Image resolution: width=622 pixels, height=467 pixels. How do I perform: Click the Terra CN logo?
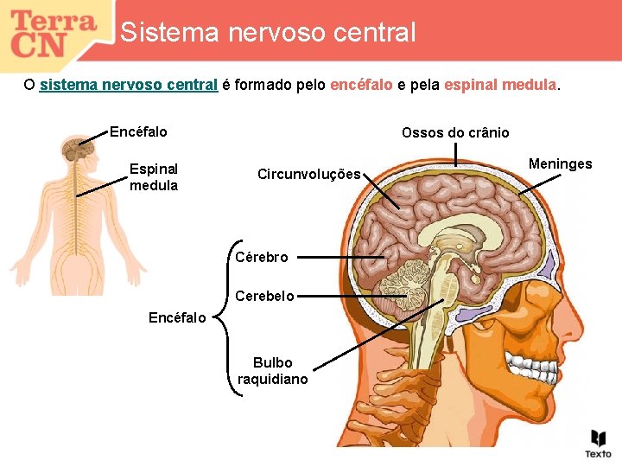click(54, 33)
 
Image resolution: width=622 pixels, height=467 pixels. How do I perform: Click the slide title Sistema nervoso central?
click(268, 33)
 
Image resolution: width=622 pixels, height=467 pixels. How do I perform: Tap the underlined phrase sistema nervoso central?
click(128, 86)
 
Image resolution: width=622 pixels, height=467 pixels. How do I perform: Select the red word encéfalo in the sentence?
click(361, 86)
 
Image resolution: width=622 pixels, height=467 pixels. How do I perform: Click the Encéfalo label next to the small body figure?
click(138, 132)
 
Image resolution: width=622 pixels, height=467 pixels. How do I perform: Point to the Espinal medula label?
click(154, 177)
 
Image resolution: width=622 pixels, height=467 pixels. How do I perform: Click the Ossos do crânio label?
click(455, 133)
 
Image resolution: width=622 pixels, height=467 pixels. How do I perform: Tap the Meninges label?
click(560, 164)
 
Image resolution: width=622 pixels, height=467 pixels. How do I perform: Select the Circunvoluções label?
click(308, 175)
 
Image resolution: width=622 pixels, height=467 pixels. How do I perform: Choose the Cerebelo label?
click(264, 296)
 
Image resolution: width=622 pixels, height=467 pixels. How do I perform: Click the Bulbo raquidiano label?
click(273, 371)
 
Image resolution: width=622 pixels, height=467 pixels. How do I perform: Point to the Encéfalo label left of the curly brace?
click(177, 317)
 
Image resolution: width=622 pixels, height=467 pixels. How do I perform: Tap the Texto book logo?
click(598, 443)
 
